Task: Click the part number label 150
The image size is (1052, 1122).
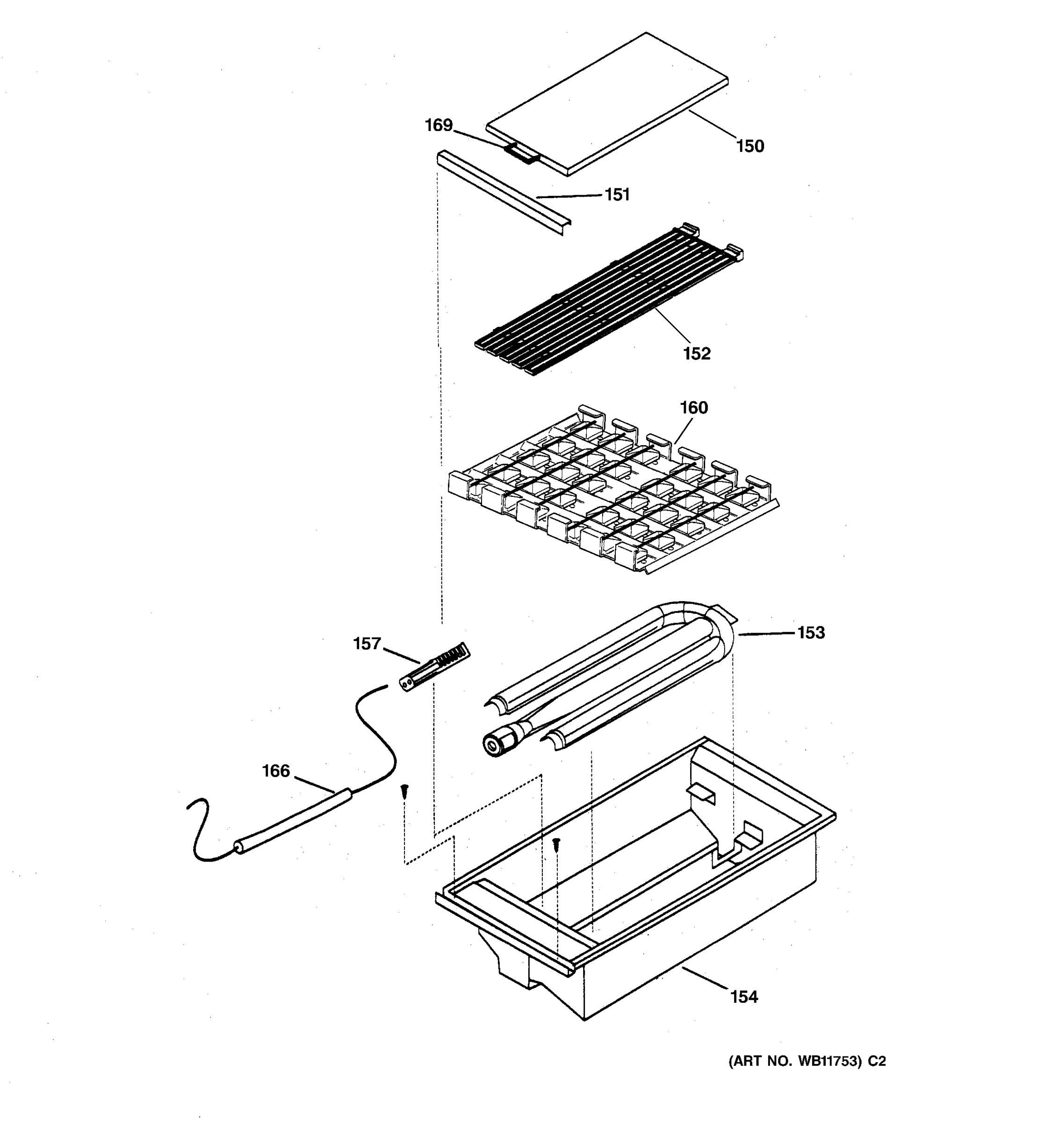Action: [749, 146]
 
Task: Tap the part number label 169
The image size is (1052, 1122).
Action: [439, 125]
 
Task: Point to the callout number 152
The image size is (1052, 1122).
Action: [697, 353]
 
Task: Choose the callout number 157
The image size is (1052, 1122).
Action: [367, 643]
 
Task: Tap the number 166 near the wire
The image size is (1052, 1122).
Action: [275, 771]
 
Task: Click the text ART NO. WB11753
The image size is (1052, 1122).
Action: [796, 1062]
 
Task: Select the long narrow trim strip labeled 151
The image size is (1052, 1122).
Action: [502, 192]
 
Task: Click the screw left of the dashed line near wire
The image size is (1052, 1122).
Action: [404, 792]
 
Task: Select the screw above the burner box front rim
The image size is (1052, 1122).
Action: [556, 844]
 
